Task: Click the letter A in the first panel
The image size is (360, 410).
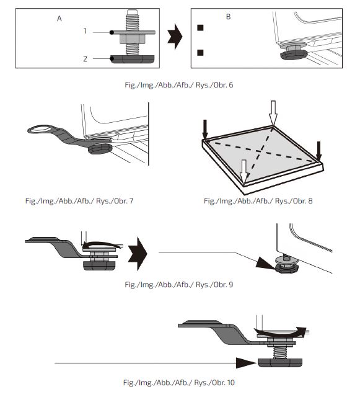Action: tap(59, 19)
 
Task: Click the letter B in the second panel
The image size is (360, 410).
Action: tap(229, 17)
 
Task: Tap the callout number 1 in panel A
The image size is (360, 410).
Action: tap(85, 31)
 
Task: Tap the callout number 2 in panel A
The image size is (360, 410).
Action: tap(85, 58)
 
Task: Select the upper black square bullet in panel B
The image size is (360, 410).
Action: tap(200, 28)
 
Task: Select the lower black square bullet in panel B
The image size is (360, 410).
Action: tap(200, 53)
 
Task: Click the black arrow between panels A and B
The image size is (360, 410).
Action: tap(175, 37)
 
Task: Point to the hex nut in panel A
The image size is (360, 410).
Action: tap(132, 39)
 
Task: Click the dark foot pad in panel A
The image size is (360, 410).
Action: tap(132, 59)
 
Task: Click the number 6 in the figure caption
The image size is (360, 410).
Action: tap(230, 85)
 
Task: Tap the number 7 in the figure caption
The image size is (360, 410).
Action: tap(131, 201)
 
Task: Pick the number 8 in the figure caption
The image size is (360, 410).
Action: tap(310, 201)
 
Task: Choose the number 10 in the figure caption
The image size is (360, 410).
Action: tap(231, 383)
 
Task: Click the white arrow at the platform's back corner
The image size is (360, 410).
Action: tap(273, 113)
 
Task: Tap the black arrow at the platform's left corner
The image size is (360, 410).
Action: tap(205, 129)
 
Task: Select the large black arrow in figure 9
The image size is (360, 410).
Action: tap(138, 254)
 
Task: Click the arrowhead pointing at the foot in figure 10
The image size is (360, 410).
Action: tap(247, 363)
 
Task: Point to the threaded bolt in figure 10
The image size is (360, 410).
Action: tap(280, 352)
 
